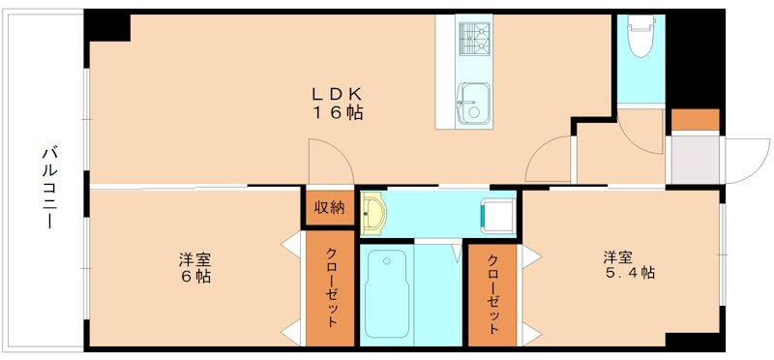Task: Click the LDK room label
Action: (336, 94)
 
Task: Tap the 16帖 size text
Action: (336, 113)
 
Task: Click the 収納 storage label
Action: (329, 206)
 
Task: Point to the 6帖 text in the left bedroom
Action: (194, 276)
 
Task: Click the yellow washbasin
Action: (373, 215)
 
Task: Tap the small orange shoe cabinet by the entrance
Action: (695, 121)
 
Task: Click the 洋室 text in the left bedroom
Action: (194, 258)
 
